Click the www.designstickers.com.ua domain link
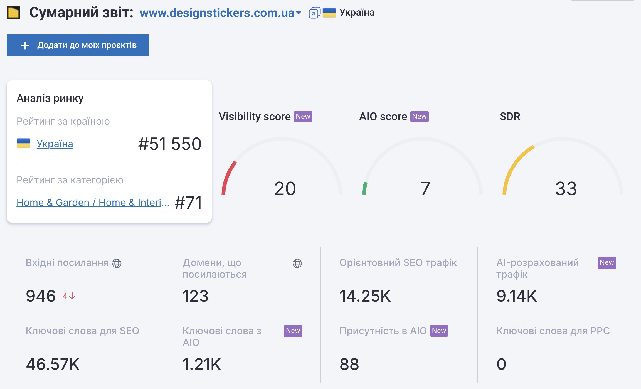(217, 13)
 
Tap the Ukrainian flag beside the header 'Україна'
(329, 13)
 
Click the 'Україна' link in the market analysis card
(55, 144)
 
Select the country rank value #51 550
(170, 144)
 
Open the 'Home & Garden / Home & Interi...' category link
(93, 202)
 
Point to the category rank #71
(188, 202)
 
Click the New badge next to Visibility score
(303, 116)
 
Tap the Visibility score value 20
(285, 188)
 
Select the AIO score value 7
(425, 188)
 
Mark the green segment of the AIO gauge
(364, 188)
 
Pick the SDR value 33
(566, 188)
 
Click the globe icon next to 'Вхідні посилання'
(117, 263)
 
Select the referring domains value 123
(195, 296)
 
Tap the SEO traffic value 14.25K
(365, 296)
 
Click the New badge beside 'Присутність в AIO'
(439, 331)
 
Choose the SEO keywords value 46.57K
(53, 364)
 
